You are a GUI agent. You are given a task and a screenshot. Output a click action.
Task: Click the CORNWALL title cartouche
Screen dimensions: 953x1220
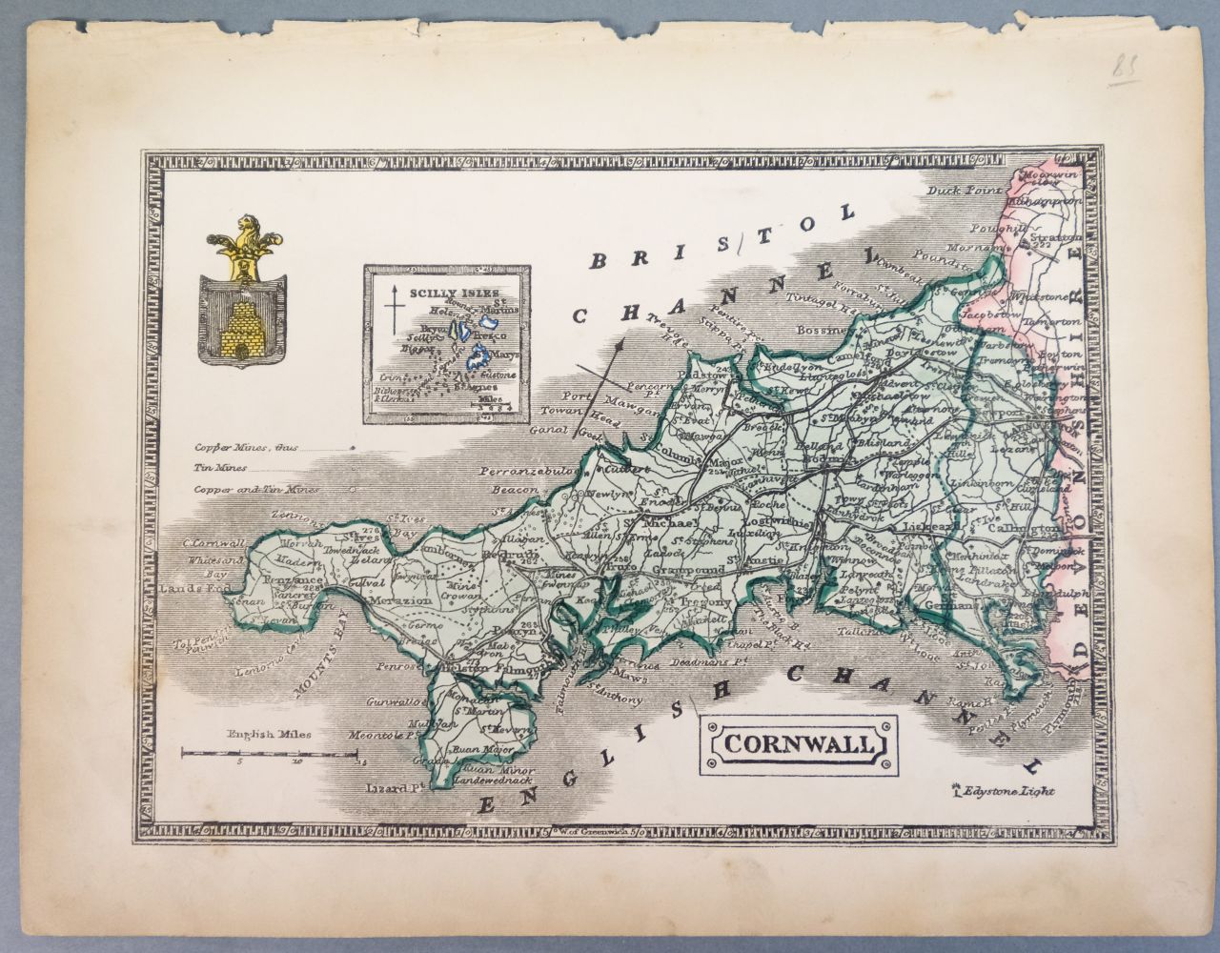pyautogui.click(x=796, y=744)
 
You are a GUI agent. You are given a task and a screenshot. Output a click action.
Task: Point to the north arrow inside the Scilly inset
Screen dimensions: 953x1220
pyautogui.click(x=390, y=314)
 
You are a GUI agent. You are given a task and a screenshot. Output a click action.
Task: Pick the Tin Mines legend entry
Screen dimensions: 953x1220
pyautogui.click(x=221, y=468)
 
